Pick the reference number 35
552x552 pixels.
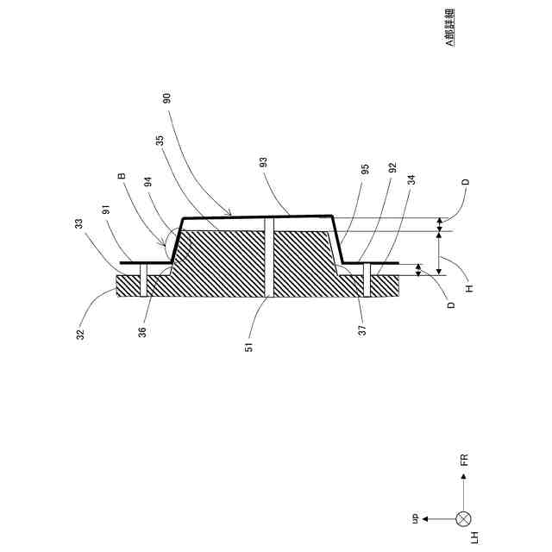click(159, 141)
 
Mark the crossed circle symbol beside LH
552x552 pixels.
click(464, 518)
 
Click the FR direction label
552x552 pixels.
click(464, 458)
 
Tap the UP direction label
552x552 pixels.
click(414, 517)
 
